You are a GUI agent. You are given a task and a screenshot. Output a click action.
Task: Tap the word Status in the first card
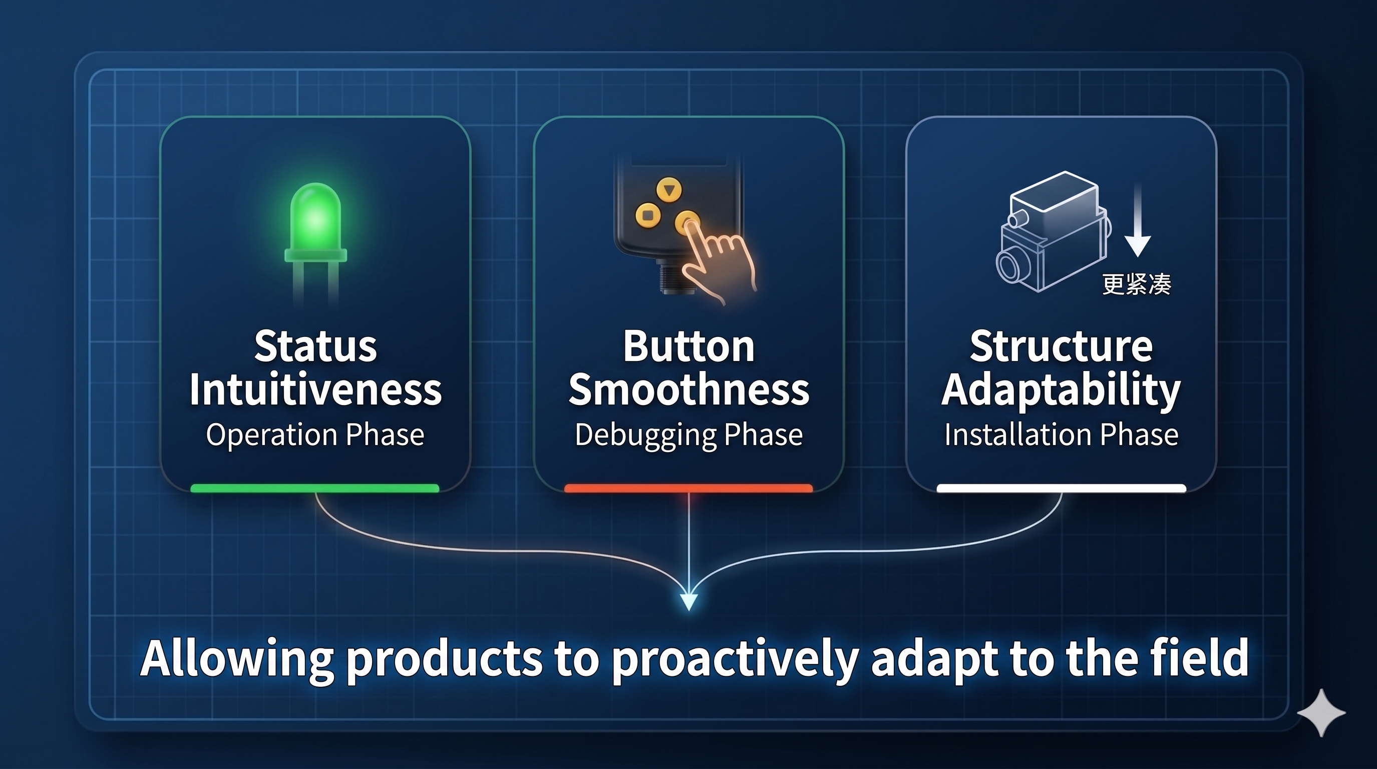click(315, 346)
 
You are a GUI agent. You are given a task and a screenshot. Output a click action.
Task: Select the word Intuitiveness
click(315, 390)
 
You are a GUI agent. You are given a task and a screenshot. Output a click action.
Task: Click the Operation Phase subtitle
click(315, 435)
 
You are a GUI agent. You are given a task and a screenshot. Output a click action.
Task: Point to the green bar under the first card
click(315, 488)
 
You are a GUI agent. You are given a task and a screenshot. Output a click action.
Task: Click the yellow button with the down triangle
click(669, 189)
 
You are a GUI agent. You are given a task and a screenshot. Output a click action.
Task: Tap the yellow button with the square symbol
click(648, 215)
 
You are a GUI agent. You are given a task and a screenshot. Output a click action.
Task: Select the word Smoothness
click(688, 390)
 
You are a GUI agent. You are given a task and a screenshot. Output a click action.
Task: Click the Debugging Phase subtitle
click(688, 435)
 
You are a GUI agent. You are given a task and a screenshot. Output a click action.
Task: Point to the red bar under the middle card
click(688, 488)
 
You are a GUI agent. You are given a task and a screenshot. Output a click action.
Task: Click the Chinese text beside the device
click(1137, 284)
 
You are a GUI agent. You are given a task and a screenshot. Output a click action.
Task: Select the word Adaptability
click(1061, 390)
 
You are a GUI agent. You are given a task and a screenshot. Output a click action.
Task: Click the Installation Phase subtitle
click(1061, 435)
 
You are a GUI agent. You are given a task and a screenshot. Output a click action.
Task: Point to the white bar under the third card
click(1061, 488)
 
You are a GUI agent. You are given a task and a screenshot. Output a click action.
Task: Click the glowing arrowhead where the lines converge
click(688, 601)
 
